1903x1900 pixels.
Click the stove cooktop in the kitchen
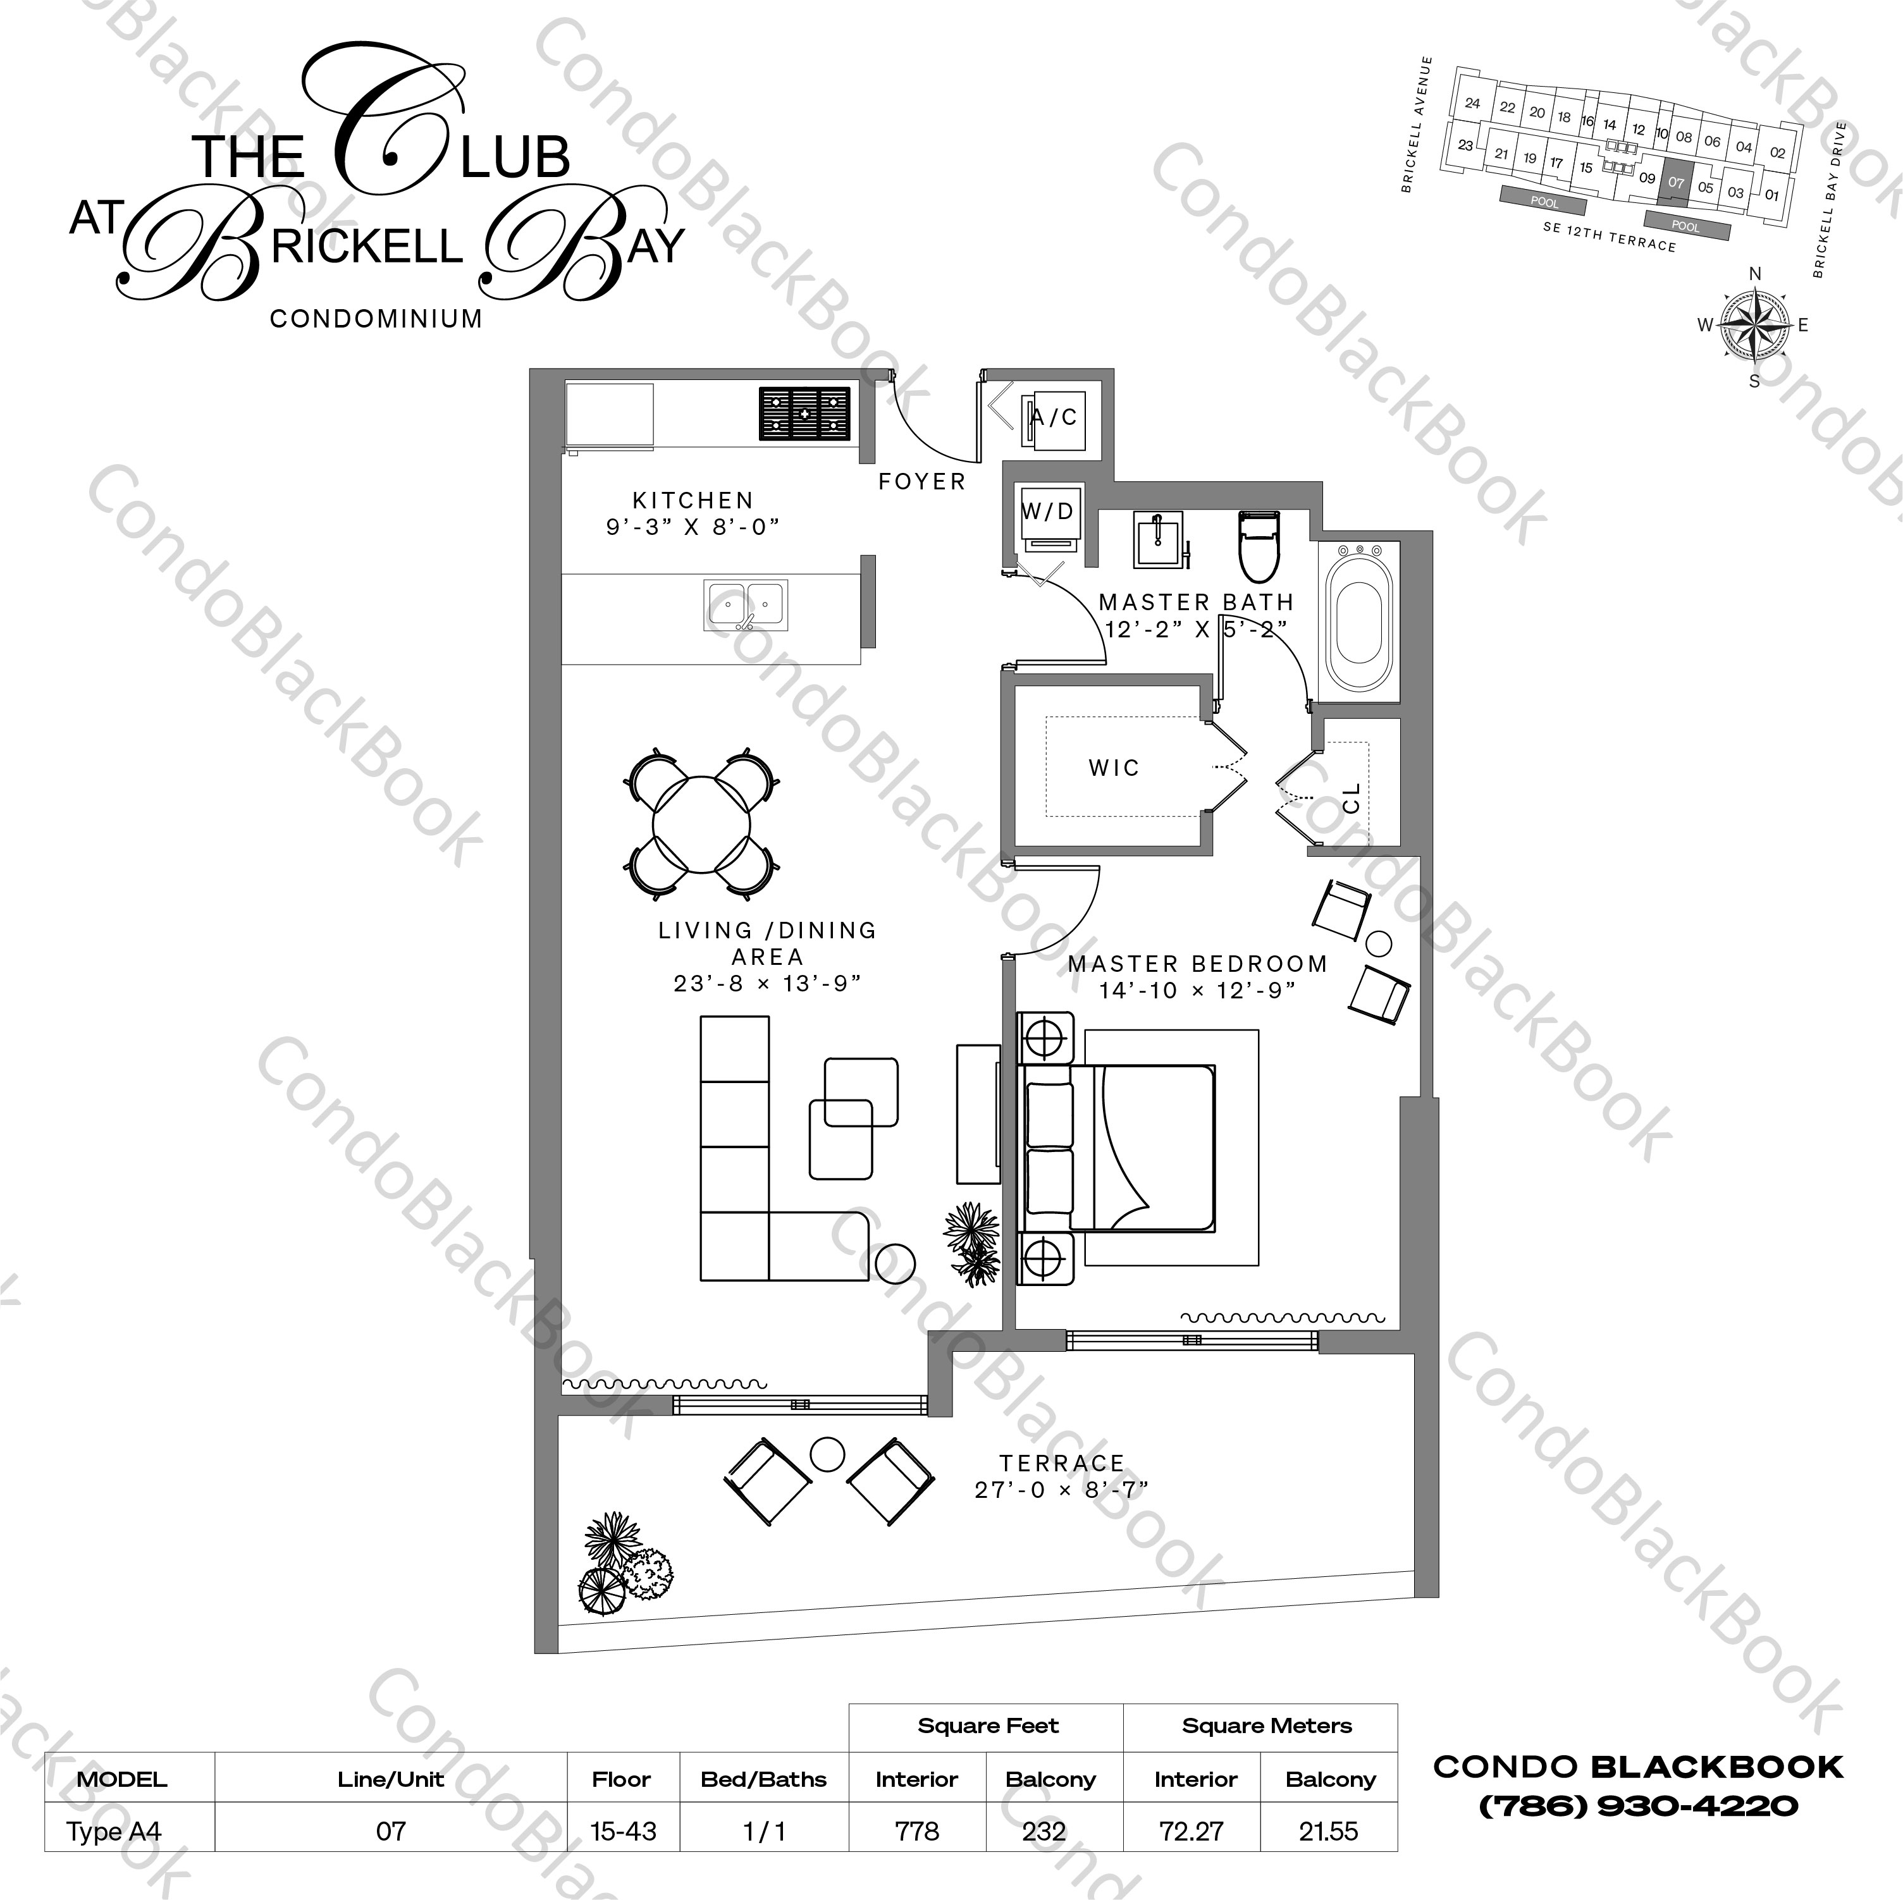(x=804, y=414)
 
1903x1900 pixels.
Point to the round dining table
(x=701, y=824)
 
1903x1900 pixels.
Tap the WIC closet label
(x=1114, y=768)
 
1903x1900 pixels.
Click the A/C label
(x=1054, y=417)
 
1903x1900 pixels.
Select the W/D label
(x=1047, y=511)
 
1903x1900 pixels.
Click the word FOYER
(x=922, y=482)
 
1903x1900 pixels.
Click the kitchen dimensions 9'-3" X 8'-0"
(x=693, y=526)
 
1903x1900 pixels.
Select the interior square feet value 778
(x=917, y=1831)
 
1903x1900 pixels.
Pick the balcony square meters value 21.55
(x=1329, y=1831)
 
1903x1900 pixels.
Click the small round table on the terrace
(x=827, y=1454)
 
